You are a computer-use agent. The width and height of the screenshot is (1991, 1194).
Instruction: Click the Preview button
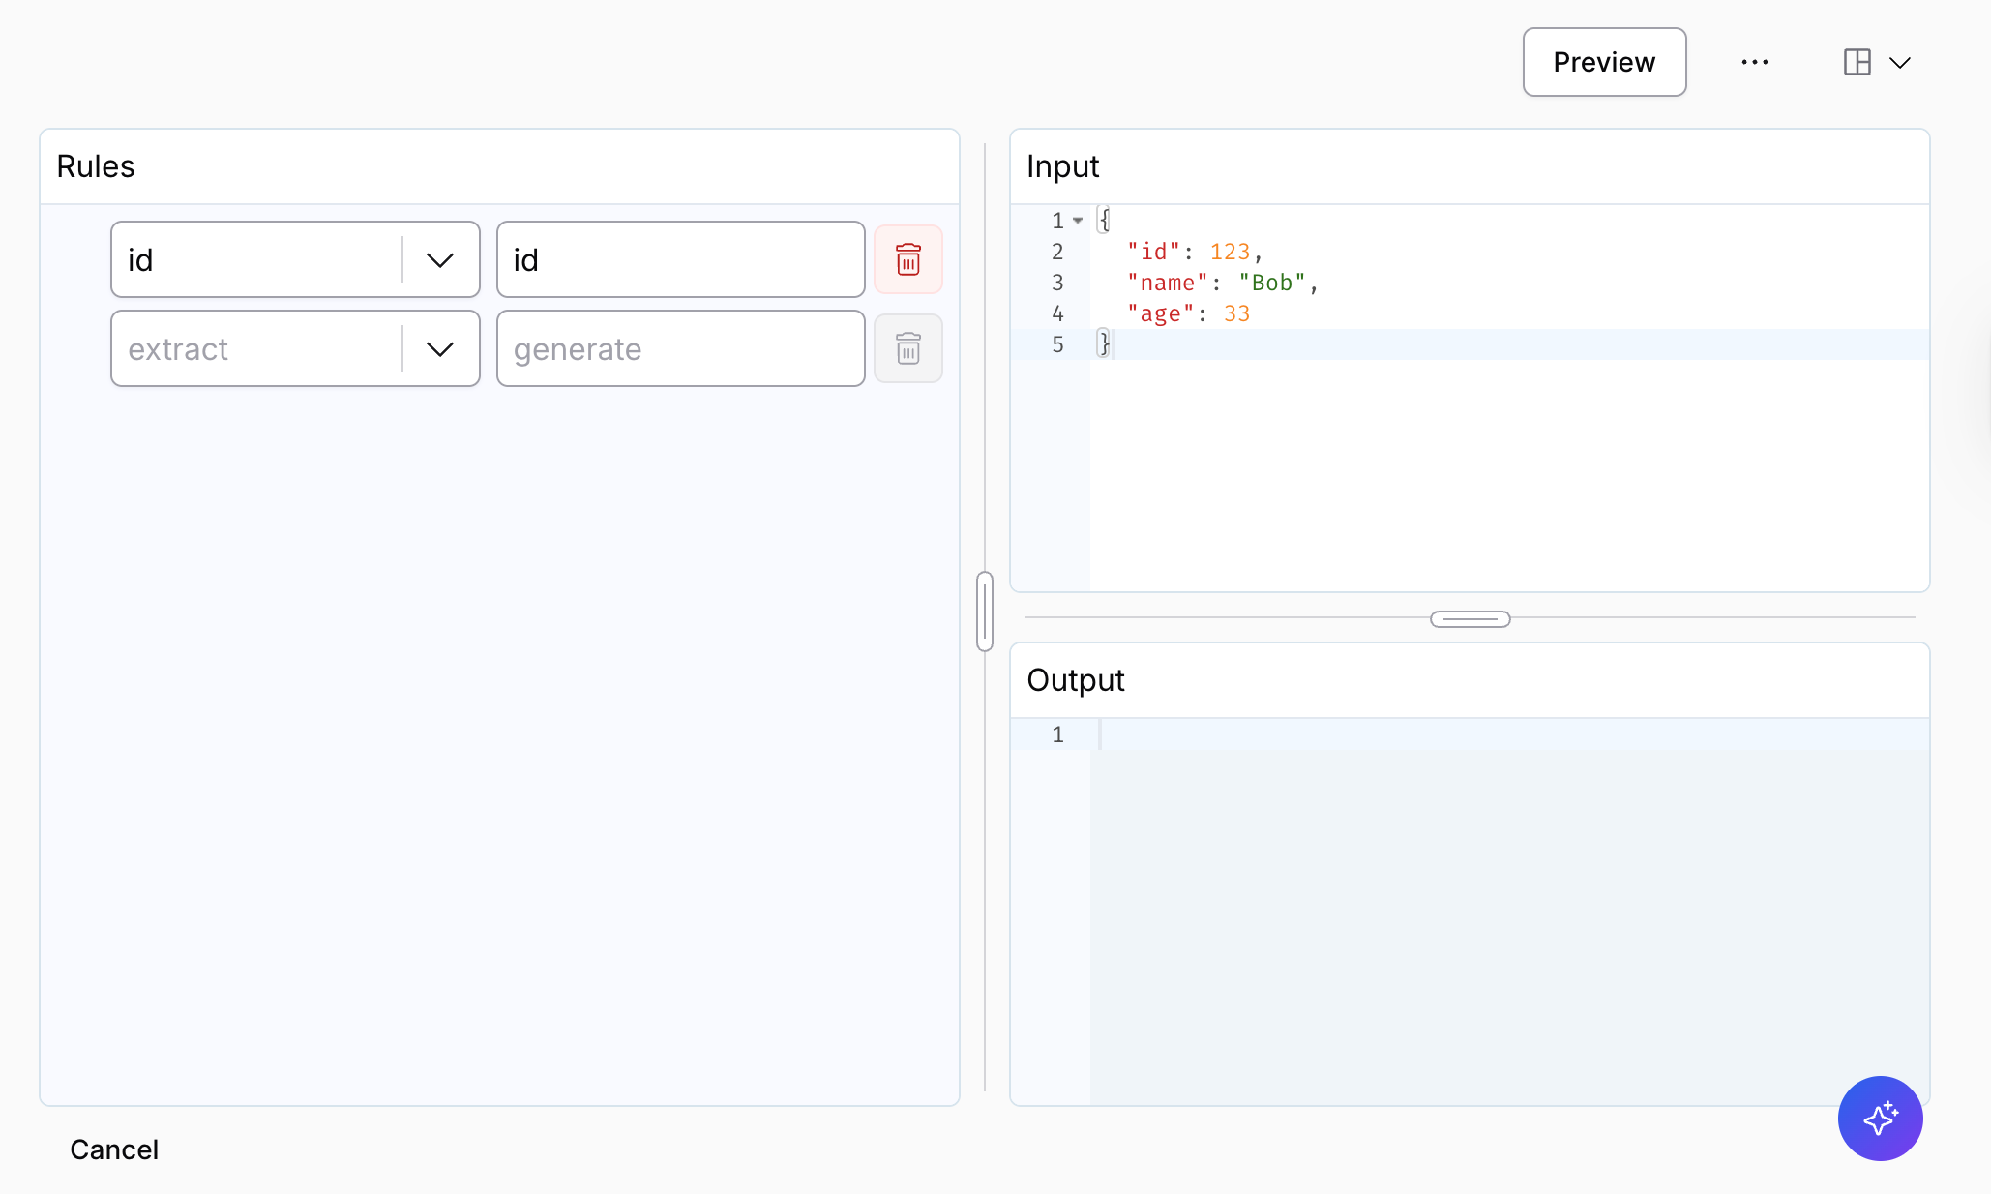[x=1604, y=62]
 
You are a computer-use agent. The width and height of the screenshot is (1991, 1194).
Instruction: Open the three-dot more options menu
[x=1755, y=62]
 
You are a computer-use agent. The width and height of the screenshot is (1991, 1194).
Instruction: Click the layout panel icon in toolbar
[x=1857, y=62]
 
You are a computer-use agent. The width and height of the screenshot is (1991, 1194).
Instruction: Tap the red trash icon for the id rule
[x=908, y=259]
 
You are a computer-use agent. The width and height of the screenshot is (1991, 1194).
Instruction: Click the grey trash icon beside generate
[x=908, y=348]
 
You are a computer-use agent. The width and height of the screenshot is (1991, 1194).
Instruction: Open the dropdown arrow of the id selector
[x=440, y=259]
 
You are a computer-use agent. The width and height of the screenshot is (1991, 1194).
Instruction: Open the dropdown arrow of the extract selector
[x=440, y=348]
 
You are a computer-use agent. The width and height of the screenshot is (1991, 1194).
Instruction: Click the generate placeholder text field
[x=681, y=348]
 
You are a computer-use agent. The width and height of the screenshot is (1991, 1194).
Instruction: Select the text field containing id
[x=681, y=259]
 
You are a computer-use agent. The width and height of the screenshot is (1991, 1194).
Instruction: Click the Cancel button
[x=114, y=1149]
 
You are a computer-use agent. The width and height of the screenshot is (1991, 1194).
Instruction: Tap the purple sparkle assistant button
[x=1881, y=1119]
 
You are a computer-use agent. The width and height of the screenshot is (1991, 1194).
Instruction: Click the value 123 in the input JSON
[x=1230, y=252]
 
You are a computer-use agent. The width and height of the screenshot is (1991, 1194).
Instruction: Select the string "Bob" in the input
[x=1272, y=283]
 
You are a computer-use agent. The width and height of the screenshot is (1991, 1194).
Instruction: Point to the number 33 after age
[x=1237, y=313]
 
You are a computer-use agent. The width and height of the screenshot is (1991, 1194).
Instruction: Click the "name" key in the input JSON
[x=1168, y=283]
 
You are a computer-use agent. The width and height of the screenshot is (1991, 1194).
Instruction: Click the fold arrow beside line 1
[x=1078, y=221]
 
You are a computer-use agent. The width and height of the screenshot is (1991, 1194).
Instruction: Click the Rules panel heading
[x=96, y=166]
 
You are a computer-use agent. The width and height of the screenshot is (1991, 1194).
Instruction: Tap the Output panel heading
[x=1076, y=680]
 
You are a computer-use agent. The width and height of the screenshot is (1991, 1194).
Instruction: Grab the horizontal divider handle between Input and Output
[x=1471, y=619]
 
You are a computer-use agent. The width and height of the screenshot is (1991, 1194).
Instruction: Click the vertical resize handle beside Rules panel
[x=985, y=612]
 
